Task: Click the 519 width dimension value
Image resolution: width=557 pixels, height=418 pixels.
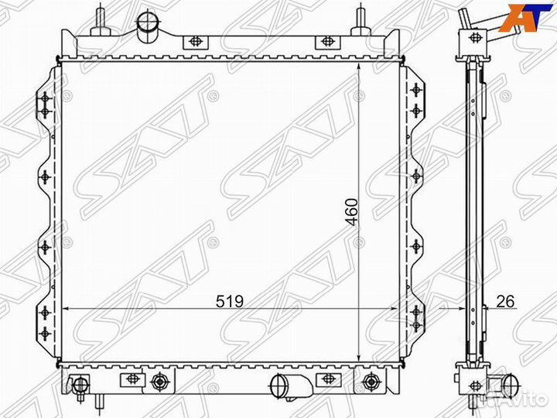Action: pos(230,301)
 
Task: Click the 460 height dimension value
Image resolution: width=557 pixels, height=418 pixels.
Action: pos(353,212)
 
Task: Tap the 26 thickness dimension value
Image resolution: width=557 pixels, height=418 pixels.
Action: pos(504,301)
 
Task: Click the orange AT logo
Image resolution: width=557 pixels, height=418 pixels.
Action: pos(526,18)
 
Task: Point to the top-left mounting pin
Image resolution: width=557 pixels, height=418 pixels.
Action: pos(101,21)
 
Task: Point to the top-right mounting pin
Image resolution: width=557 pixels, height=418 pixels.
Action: pos(361,21)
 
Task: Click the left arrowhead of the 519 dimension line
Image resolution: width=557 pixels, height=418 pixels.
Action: pos(65,309)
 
